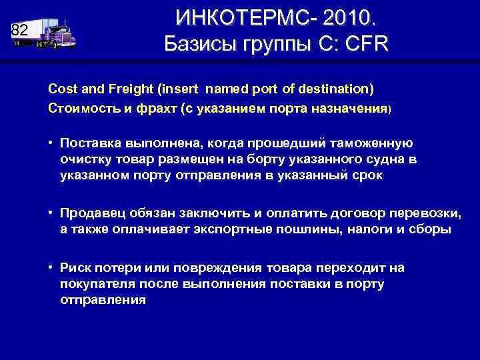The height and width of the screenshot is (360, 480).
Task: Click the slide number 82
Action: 20,30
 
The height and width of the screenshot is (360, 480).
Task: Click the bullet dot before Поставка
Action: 51,142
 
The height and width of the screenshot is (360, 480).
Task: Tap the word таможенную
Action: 372,142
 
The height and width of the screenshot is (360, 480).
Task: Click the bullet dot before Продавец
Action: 51,213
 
